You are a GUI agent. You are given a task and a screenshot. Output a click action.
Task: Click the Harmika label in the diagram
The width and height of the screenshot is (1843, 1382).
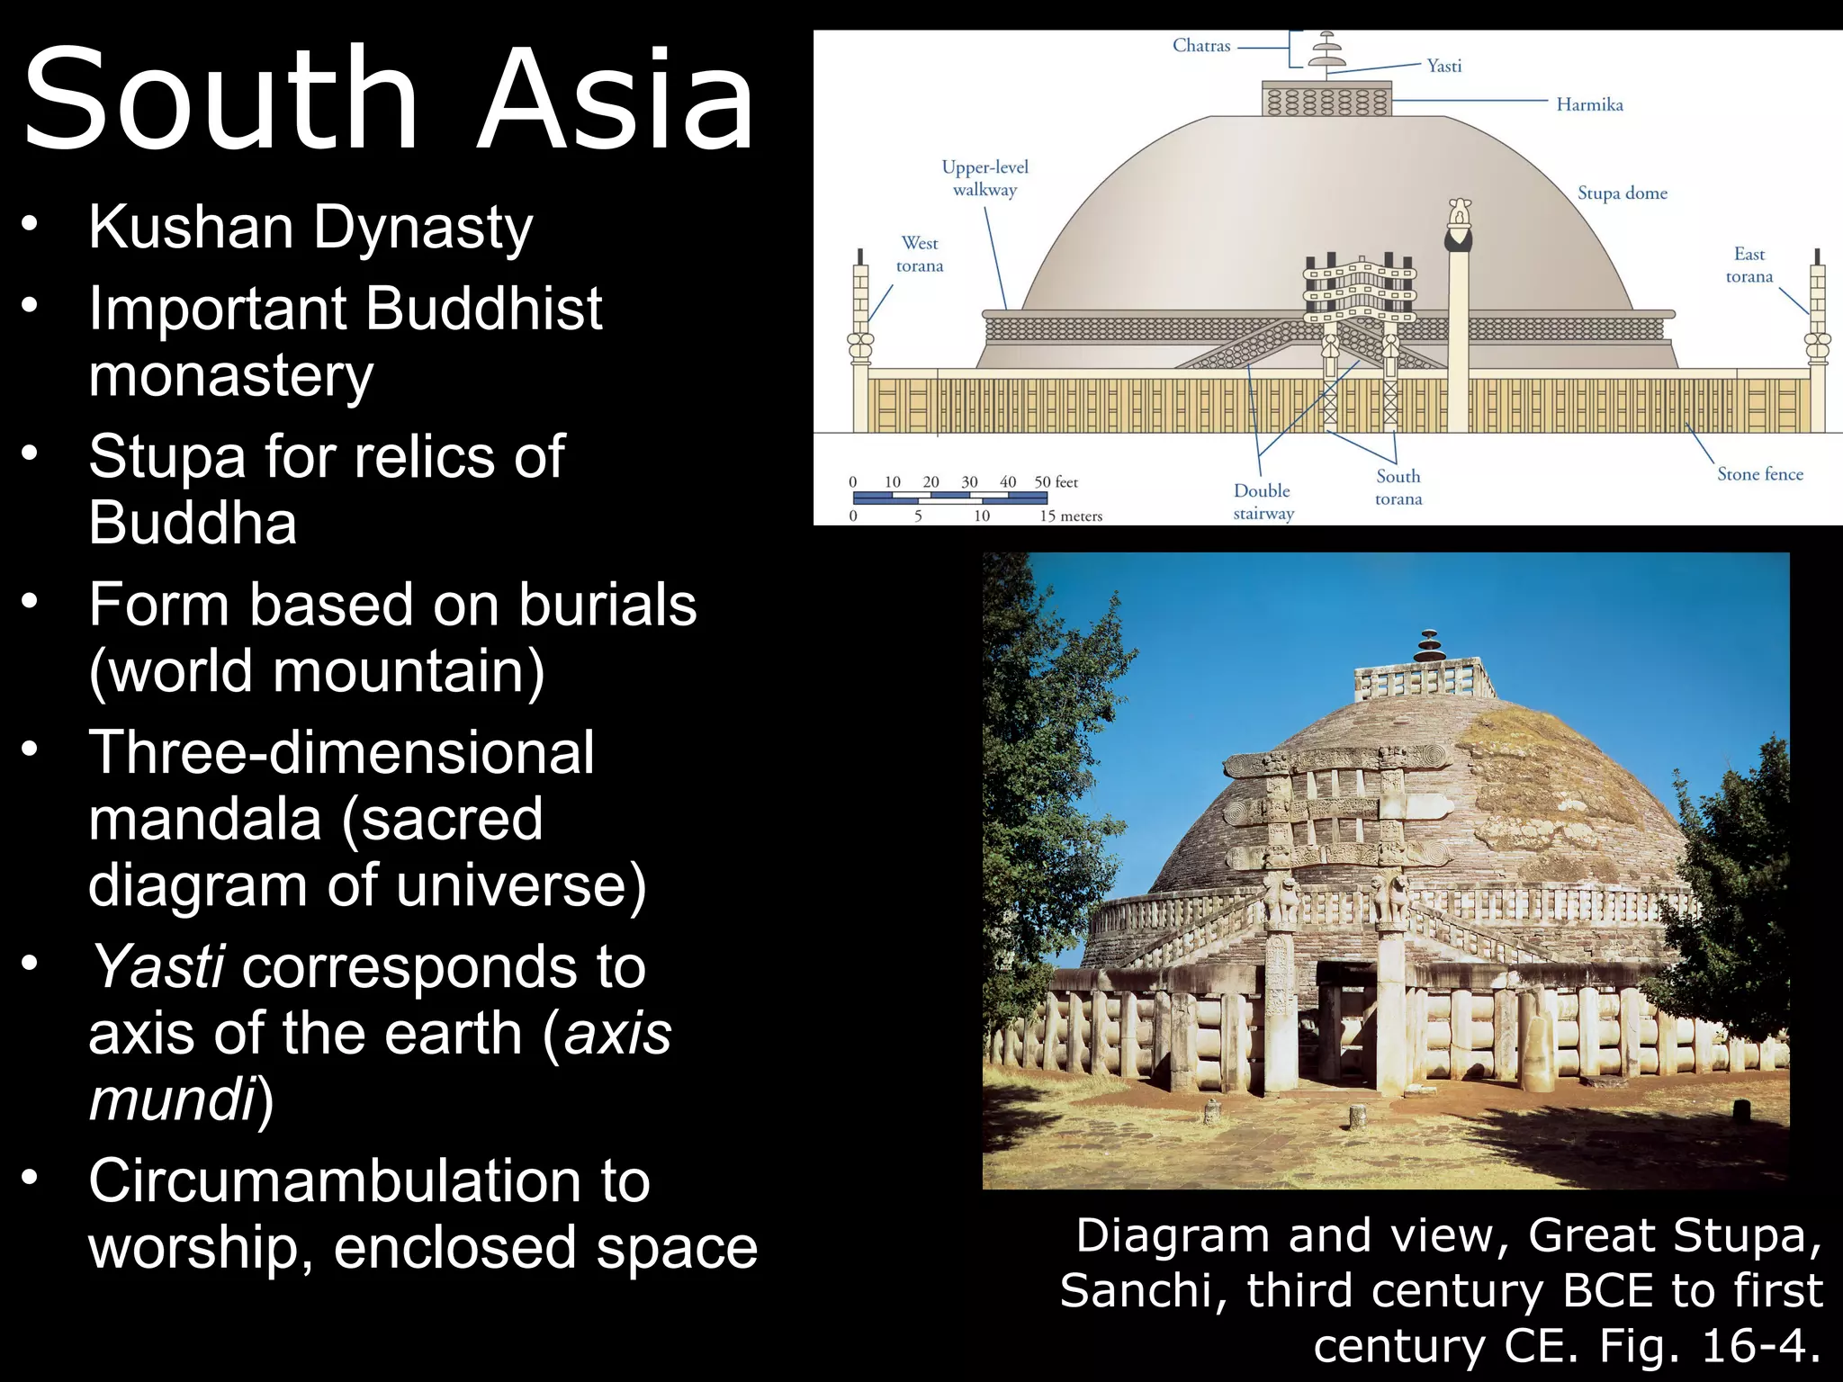pyautogui.click(x=1589, y=104)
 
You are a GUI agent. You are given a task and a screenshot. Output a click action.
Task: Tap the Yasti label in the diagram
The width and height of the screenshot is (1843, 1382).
pyautogui.click(x=1444, y=66)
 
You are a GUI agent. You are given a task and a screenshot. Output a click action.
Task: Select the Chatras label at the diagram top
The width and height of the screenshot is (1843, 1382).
pyautogui.click(x=1200, y=45)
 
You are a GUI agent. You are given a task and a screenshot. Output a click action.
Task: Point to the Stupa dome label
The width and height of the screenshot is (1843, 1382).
pyautogui.click(x=1622, y=193)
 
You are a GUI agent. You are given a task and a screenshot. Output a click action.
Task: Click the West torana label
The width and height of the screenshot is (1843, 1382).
pyautogui.click(x=920, y=254)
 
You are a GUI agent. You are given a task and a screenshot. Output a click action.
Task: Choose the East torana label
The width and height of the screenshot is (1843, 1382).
pyautogui.click(x=1749, y=265)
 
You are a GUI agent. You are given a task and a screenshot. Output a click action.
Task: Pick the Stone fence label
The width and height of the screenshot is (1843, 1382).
pyautogui.click(x=1759, y=473)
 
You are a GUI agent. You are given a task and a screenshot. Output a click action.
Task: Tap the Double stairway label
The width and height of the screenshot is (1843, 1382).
pyautogui.click(x=1263, y=502)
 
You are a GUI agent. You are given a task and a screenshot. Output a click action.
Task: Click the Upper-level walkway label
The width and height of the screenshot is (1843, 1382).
pyautogui.click(x=984, y=178)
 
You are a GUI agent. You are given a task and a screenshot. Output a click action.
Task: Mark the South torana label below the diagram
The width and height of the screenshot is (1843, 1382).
pyautogui.click(x=1398, y=487)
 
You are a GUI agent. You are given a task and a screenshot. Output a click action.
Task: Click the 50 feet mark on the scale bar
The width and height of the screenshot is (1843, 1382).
pyautogui.click(x=1056, y=481)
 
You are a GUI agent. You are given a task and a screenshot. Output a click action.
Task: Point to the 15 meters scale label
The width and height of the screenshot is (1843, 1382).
pyautogui.click(x=1070, y=516)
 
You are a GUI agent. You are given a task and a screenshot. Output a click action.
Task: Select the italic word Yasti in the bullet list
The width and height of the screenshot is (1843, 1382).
pyautogui.click(x=158, y=967)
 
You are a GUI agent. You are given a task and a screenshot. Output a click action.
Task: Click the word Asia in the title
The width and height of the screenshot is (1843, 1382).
pyautogui.click(x=616, y=99)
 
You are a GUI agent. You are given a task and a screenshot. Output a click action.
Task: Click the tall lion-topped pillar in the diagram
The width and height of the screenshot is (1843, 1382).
pyautogui.click(x=1458, y=315)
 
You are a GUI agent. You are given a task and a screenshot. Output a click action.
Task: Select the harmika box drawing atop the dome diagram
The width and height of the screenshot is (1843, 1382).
pyautogui.click(x=1326, y=100)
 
